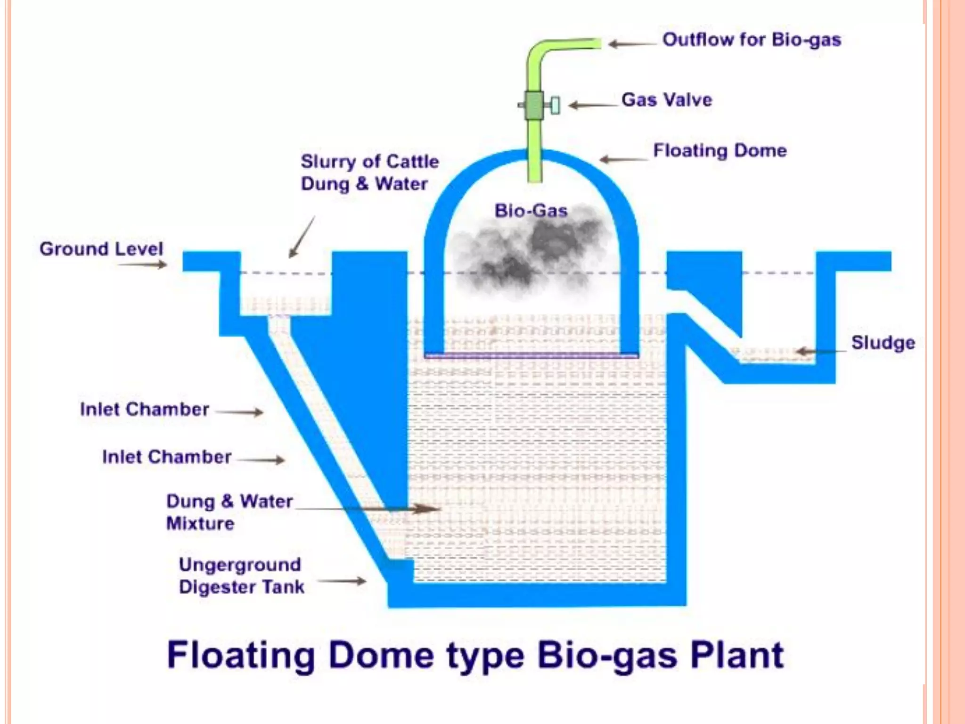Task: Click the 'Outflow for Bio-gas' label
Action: (x=751, y=40)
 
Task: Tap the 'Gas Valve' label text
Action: (x=666, y=100)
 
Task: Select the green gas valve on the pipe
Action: (x=535, y=105)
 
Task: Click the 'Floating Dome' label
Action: (x=720, y=151)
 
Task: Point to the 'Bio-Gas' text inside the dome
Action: (x=531, y=211)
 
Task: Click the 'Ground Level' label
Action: (x=101, y=249)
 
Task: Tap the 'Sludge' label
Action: (x=883, y=343)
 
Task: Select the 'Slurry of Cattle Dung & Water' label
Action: (x=369, y=173)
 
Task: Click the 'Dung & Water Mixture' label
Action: (x=229, y=512)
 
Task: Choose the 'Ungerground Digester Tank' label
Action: (x=241, y=576)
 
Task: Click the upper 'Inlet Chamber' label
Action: (x=144, y=409)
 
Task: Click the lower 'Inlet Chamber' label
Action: (x=166, y=457)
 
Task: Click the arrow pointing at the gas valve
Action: (x=592, y=105)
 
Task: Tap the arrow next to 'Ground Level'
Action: (x=142, y=265)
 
